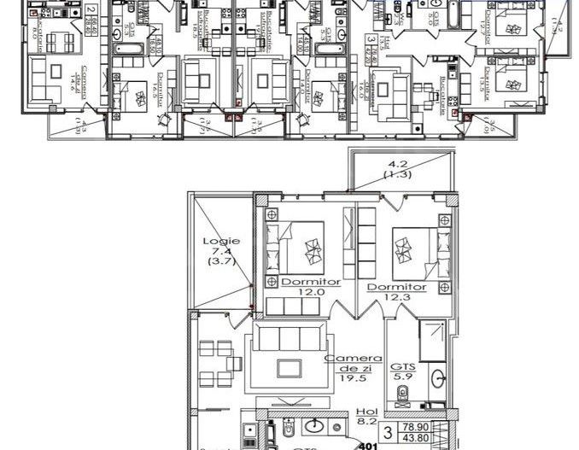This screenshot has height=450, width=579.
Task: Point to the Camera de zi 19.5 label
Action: tap(348, 369)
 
